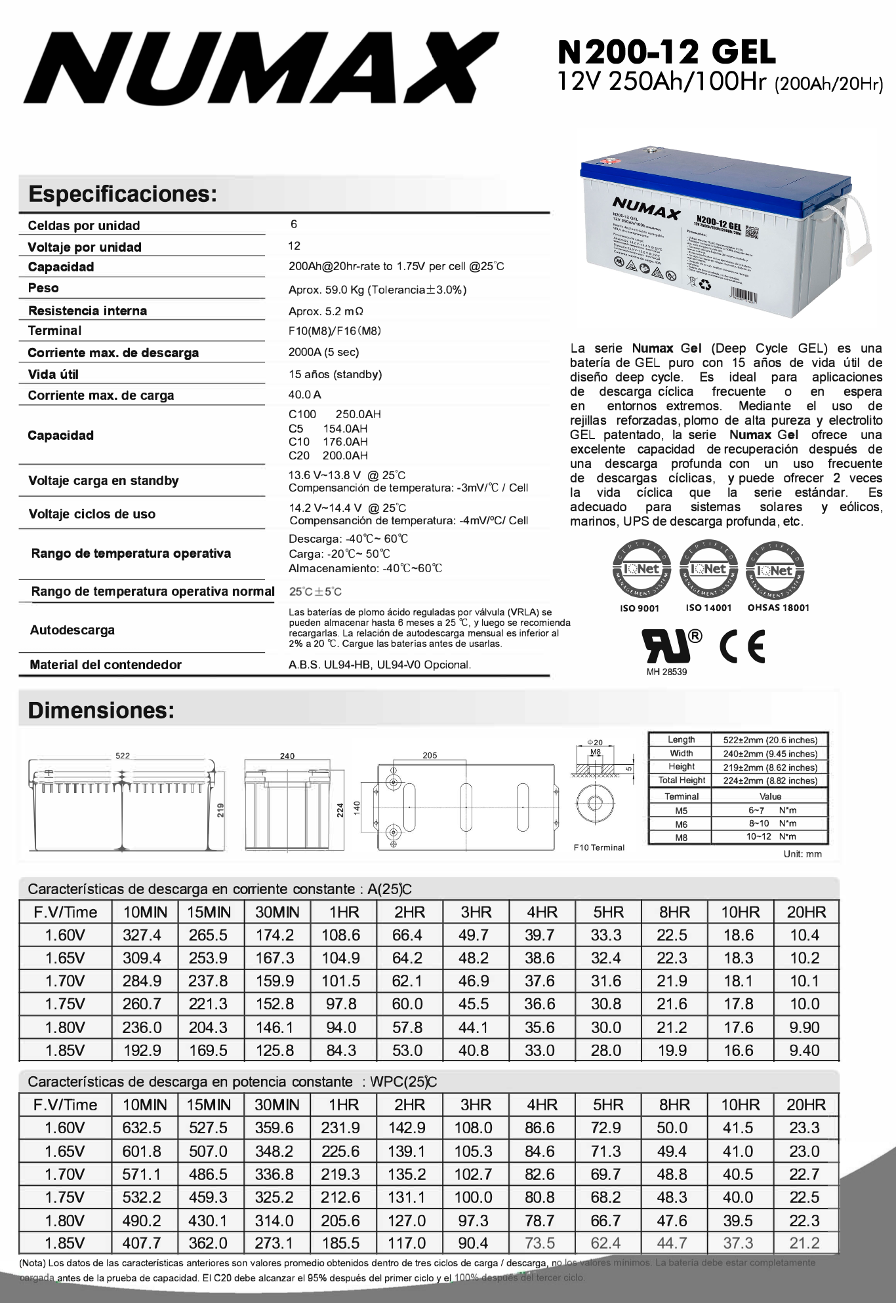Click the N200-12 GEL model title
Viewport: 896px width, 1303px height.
click(x=666, y=52)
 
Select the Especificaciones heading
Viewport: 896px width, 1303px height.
click(x=122, y=194)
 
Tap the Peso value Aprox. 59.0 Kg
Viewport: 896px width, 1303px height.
click(x=377, y=290)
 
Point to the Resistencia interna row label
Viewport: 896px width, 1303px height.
click(x=87, y=311)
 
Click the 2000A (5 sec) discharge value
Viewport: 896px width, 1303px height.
click(x=323, y=352)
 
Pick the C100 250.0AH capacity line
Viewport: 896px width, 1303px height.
click(x=335, y=414)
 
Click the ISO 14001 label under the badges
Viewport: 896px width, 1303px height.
click(x=708, y=608)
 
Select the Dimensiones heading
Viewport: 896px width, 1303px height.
click(x=101, y=710)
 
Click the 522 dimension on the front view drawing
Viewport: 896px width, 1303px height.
click(x=123, y=756)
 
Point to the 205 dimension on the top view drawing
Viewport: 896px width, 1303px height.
click(x=430, y=756)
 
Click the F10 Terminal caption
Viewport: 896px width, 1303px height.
click(x=599, y=847)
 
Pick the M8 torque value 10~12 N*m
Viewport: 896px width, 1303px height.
click(x=771, y=836)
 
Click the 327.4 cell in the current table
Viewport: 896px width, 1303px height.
click(x=142, y=935)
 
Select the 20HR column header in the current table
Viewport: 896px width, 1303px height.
click(x=806, y=912)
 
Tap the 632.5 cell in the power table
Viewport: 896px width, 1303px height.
click(x=142, y=1128)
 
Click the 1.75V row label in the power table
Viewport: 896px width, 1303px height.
click(x=65, y=1197)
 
